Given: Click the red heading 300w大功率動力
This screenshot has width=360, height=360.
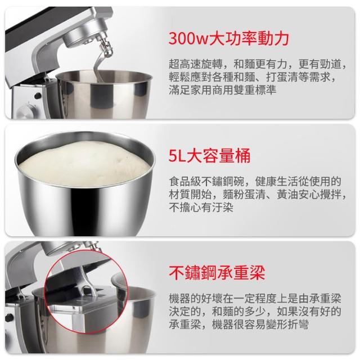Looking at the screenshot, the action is click(x=228, y=38).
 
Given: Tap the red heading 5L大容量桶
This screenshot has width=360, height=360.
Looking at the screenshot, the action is click(x=209, y=156).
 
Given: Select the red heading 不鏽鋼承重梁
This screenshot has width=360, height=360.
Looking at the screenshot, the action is click(x=217, y=273).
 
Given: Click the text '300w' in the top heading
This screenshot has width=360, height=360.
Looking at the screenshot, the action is click(x=188, y=39).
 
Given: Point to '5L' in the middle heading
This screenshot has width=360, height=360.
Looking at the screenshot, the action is click(x=177, y=156).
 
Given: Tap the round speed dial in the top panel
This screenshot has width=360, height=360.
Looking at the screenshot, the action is click(x=26, y=112).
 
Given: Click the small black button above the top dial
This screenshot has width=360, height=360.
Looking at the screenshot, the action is click(x=38, y=96).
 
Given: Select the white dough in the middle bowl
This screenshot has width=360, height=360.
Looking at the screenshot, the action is click(x=84, y=164).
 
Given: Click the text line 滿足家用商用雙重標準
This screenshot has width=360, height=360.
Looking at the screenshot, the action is click(x=222, y=90).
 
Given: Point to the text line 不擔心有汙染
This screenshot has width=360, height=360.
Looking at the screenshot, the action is click(x=201, y=208).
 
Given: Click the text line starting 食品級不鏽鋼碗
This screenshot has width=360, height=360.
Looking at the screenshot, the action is click(x=255, y=181).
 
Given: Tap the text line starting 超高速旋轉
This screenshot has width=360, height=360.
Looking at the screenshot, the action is click(x=258, y=64).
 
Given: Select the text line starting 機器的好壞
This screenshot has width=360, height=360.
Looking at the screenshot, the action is click(x=255, y=299).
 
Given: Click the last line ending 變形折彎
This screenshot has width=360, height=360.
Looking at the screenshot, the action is click(x=238, y=325).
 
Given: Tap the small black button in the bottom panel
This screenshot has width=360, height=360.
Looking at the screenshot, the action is click(x=9, y=317).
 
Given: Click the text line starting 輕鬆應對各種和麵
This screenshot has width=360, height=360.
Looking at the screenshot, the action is click(x=253, y=77).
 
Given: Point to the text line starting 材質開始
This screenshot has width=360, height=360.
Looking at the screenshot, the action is click(x=258, y=195).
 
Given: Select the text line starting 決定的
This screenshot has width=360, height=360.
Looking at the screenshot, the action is click(x=255, y=312).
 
